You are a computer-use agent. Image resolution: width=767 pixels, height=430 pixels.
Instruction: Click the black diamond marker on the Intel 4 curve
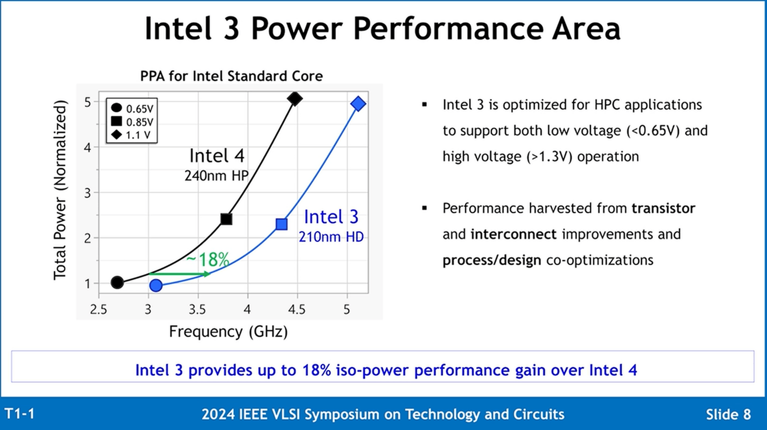tap(295, 99)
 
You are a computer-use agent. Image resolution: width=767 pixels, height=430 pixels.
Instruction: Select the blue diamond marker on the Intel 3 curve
tap(358, 104)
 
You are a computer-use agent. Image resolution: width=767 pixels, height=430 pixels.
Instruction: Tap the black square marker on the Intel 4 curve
tap(226, 219)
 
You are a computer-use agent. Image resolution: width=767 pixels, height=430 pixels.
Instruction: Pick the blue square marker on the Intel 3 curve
tap(282, 224)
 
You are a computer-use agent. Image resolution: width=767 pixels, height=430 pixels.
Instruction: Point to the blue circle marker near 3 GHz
tap(156, 285)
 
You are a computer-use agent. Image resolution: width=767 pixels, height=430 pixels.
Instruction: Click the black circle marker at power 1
tap(117, 282)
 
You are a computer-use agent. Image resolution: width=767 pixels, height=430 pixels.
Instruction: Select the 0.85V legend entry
tap(132, 122)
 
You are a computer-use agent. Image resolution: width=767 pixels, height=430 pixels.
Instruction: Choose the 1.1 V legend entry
tap(132, 135)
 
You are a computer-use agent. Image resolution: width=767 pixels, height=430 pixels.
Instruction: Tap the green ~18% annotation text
tap(208, 260)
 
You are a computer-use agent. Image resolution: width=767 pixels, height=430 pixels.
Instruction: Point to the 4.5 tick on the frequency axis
tap(296, 310)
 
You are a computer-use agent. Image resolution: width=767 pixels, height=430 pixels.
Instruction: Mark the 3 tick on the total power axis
tap(88, 193)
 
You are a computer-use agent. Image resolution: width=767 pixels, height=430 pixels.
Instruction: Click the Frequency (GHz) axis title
tap(228, 331)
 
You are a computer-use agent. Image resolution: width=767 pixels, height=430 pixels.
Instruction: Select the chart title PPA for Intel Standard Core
tap(231, 76)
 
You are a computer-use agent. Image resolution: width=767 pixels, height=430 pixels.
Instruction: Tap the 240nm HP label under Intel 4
tap(216, 176)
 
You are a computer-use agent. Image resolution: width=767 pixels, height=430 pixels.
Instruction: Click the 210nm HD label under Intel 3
tap(331, 237)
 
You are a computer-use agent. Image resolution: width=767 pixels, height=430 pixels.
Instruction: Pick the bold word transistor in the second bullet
tap(663, 208)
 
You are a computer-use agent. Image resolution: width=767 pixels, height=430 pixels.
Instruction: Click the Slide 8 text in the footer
tap(728, 414)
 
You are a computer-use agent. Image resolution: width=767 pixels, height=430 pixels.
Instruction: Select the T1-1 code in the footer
tap(20, 414)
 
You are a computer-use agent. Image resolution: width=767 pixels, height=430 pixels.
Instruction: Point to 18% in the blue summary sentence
tap(317, 370)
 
